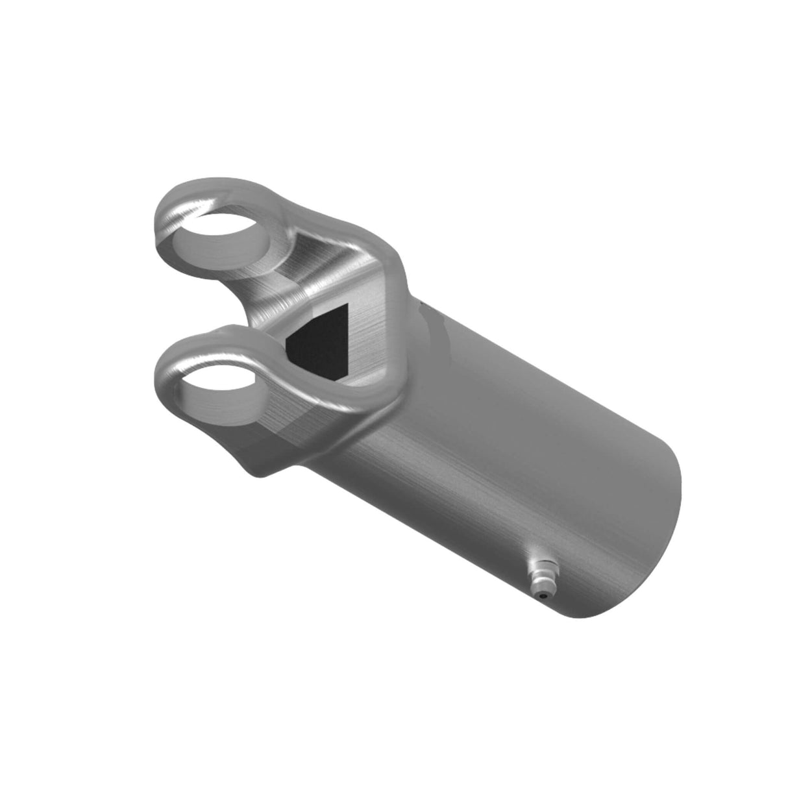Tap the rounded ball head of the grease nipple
(540, 572)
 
